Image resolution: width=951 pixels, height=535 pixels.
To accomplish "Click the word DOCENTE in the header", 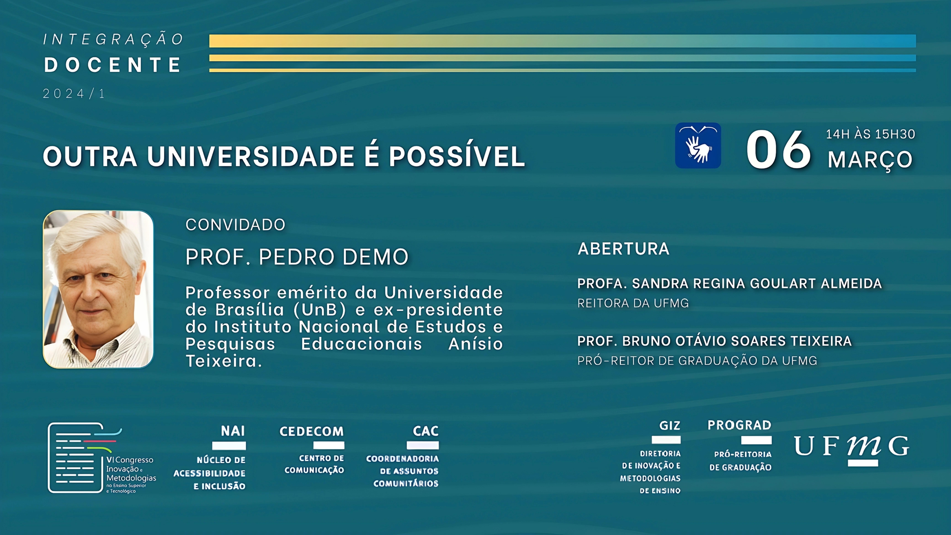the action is [113, 65].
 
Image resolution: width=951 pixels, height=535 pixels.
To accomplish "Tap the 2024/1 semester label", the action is [74, 94].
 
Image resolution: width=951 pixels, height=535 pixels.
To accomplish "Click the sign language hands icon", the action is [698, 145].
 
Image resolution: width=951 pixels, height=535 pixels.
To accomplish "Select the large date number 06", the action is [778, 150].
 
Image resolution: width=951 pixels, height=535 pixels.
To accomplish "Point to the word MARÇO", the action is [870, 160].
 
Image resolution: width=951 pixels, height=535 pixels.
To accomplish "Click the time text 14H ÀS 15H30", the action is [870, 134].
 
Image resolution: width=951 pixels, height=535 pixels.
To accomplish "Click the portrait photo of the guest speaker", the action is [98, 289].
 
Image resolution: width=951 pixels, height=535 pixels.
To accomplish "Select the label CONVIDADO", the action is [236, 225].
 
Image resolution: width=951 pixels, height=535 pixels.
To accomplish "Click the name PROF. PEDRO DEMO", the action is [297, 257].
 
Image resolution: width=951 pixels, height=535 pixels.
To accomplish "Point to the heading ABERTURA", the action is [623, 249].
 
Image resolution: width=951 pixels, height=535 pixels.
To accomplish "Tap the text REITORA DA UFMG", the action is [633, 303].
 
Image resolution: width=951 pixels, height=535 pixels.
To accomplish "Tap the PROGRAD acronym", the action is [739, 425].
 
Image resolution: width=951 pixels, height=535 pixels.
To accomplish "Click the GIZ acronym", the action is [669, 425].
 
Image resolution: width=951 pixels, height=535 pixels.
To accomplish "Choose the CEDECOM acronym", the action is [312, 431].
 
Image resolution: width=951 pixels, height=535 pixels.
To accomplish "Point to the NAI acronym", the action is [233, 431].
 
